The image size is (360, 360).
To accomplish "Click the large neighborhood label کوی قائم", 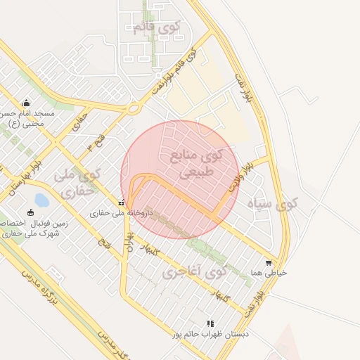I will click(x=156, y=28).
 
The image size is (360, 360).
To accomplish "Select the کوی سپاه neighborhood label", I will click(x=272, y=205).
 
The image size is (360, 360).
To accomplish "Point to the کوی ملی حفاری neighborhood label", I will click(x=77, y=182).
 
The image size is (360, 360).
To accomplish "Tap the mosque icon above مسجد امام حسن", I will click(x=26, y=103).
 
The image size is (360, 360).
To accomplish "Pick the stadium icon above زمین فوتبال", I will click(x=30, y=212).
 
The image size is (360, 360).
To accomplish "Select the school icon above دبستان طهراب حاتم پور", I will click(x=210, y=323).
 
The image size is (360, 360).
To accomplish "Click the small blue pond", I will click(x=41, y=200).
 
